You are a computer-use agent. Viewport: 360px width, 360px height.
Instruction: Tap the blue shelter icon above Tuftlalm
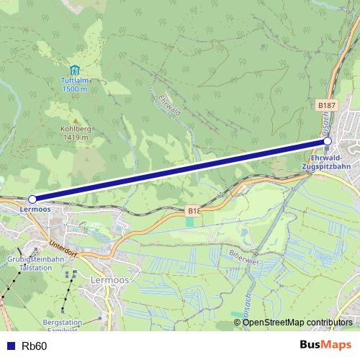pyautogui.click(x=74, y=71)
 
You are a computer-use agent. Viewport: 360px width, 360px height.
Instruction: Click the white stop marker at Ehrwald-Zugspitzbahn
pyautogui.click(x=328, y=142)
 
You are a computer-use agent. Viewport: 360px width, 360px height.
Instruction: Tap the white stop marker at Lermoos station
pyautogui.click(x=32, y=199)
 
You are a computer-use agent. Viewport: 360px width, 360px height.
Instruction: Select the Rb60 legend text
pyautogui.click(x=35, y=346)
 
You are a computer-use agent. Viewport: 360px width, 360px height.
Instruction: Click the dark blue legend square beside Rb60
pyautogui.click(x=10, y=346)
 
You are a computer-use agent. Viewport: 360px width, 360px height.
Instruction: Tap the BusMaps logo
pyautogui.click(x=325, y=345)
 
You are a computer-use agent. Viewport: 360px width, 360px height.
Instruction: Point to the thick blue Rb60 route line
pyautogui.click(x=180, y=171)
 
